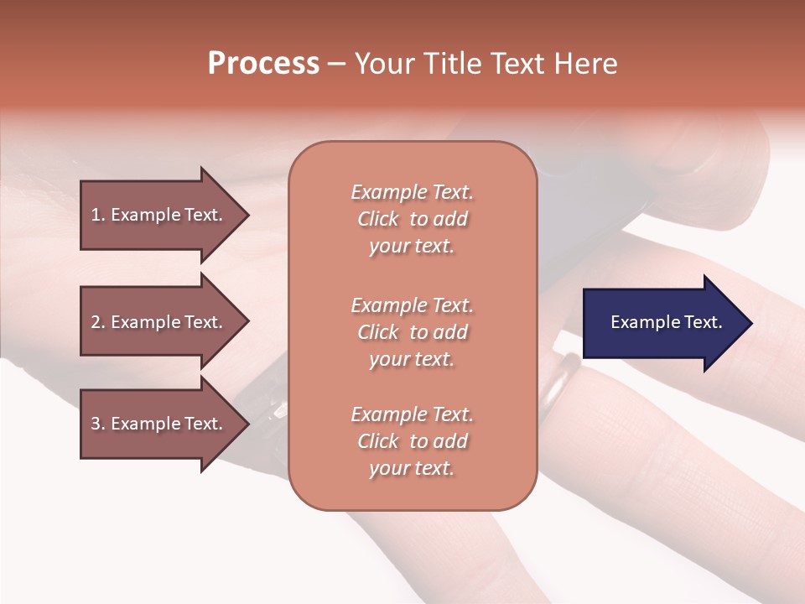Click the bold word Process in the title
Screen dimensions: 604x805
tap(263, 64)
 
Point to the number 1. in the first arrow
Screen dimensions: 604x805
tap(98, 215)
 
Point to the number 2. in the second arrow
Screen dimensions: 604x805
tap(98, 322)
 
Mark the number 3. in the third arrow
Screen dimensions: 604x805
tap(98, 424)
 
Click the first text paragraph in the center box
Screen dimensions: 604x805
tap(412, 219)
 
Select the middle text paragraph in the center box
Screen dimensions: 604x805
tap(412, 332)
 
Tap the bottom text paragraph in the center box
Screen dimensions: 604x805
tap(412, 441)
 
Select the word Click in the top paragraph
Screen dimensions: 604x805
tap(378, 219)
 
